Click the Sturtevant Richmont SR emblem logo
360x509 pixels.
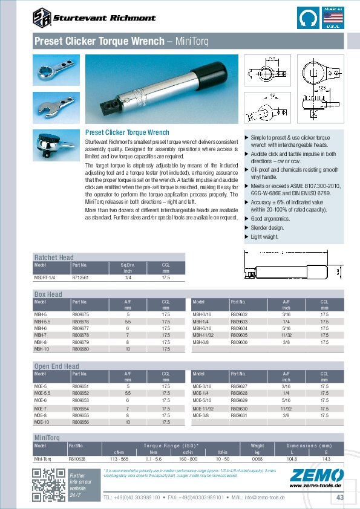coord(42,17)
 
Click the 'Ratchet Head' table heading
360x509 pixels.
coord(54,258)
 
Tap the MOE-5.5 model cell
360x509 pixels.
coord(42,393)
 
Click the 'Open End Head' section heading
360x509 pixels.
coord(56,366)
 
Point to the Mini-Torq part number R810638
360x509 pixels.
coord(77,459)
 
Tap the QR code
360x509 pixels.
coord(48,485)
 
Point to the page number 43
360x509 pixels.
coord(339,497)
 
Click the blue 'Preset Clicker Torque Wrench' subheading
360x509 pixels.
coord(127,132)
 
